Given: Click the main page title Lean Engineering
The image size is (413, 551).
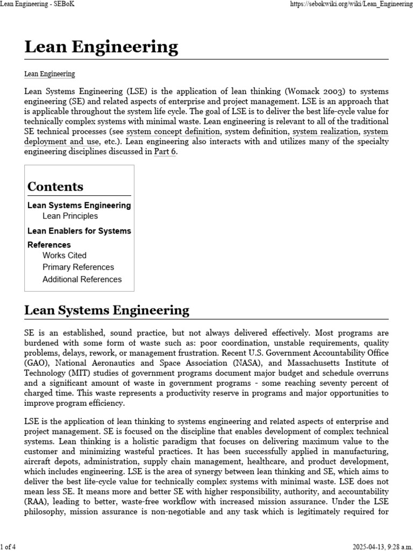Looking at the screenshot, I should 101,47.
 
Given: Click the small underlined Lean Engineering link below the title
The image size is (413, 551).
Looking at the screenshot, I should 49,74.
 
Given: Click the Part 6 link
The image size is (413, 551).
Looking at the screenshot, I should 165,152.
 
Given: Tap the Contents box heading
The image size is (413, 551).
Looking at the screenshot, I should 55,187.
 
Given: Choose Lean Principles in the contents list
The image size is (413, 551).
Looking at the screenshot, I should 70,216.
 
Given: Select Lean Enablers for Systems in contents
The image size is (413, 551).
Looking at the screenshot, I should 79,231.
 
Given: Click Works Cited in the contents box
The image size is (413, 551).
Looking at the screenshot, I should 64,255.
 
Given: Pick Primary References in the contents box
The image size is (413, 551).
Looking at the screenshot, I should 78,267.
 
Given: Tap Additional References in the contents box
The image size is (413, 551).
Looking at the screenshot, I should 82,279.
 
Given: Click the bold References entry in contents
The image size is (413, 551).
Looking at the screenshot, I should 49,244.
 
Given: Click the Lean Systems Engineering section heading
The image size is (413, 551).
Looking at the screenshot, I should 106,310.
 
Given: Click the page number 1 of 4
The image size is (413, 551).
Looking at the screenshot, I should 9,547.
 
